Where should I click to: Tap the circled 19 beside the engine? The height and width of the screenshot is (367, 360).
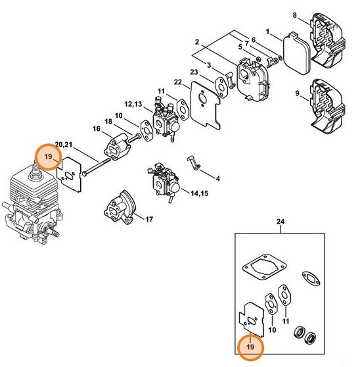[49, 157]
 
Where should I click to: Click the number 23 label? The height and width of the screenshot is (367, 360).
[194, 72]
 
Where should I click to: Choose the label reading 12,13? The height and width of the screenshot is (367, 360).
[133, 104]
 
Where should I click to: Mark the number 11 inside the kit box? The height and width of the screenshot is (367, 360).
[286, 320]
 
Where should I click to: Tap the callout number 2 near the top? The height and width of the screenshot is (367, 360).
[196, 42]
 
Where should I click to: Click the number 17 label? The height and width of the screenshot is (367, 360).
[148, 219]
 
